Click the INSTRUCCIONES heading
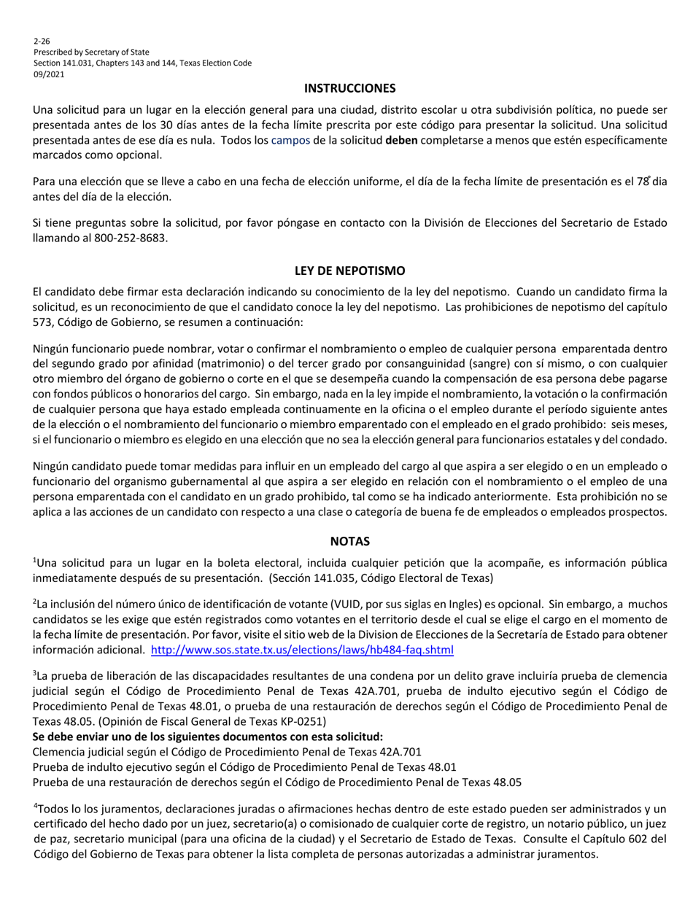tap(349, 88)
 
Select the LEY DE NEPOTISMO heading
tap(349, 271)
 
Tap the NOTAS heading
tap(349, 541)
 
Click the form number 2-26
tap(42, 41)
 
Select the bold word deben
tap(401, 139)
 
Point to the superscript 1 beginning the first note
tap(35, 560)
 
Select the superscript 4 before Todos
tap(35, 806)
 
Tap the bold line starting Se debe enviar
tap(208, 737)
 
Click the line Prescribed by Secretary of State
tap(91, 52)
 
